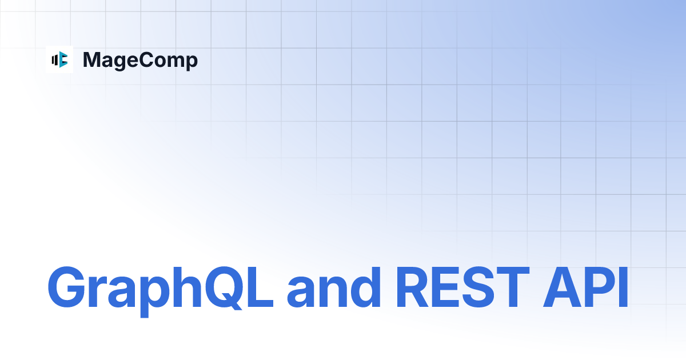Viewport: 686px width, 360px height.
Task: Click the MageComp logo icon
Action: (59, 59)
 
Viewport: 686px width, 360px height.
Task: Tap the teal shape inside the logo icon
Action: (63, 59)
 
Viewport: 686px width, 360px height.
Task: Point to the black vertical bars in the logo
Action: (55, 59)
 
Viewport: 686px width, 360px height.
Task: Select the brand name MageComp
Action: (140, 60)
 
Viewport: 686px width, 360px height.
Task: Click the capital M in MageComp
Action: (91, 59)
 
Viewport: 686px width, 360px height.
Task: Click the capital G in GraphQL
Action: (67, 288)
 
